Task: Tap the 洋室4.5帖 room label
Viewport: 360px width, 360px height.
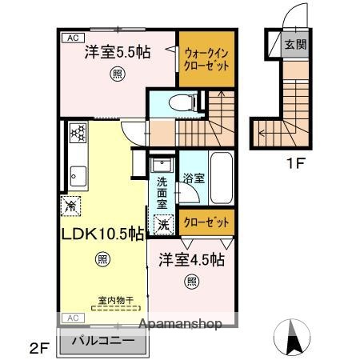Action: [190, 260]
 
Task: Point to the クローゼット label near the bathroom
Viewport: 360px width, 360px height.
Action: [207, 222]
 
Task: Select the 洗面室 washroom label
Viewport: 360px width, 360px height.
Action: [162, 192]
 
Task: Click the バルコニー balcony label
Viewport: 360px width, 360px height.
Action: [103, 340]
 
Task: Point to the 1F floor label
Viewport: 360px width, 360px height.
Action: [296, 168]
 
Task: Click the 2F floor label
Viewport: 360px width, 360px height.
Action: [40, 347]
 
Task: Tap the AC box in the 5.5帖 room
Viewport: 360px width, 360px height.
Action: [71, 38]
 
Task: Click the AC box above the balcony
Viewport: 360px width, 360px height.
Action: [71, 318]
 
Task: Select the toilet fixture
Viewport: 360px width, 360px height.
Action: [178, 102]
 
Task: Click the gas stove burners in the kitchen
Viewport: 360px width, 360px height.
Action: [77, 132]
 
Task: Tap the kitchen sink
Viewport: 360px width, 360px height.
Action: [78, 172]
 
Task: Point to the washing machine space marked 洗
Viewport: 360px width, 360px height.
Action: [162, 226]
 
